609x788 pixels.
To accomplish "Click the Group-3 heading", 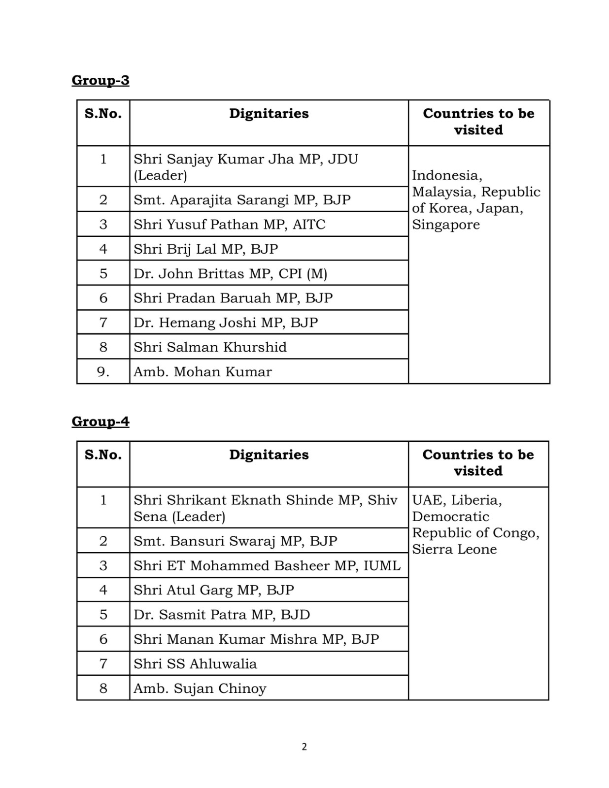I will [x=101, y=80].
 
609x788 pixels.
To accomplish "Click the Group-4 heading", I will [x=101, y=422].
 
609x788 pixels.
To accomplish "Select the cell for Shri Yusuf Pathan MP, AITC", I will [x=229, y=225].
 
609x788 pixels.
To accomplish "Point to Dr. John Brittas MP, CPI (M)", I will [x=230, y=273].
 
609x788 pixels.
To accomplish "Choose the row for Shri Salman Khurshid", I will [x=210, y=347].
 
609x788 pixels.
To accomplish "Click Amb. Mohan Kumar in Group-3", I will [x=203, y=372].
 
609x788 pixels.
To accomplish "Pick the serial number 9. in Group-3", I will [x=103, y=372].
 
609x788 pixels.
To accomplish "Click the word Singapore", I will [x=445, y=225].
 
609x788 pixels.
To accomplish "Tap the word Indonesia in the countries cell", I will [x=446, y=175].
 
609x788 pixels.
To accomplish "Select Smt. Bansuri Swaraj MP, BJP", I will [x=235, y=541].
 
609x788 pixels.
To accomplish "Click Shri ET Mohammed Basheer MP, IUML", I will [x=267, y=565].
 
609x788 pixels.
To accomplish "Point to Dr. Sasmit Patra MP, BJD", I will [x=222, y=615].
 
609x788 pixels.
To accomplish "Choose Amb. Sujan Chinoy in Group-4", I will [x=200, y=689].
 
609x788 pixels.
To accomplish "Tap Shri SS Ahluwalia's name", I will [x=195, y=664].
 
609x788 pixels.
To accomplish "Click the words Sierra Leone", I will [x=454, y=549].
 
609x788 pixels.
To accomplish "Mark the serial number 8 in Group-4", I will [x=103, y=689].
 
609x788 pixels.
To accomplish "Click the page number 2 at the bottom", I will [x=304, y=747].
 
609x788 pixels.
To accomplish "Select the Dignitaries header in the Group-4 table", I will [x=269, y=455].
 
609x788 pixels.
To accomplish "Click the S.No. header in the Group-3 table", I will [x=103, y=114].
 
